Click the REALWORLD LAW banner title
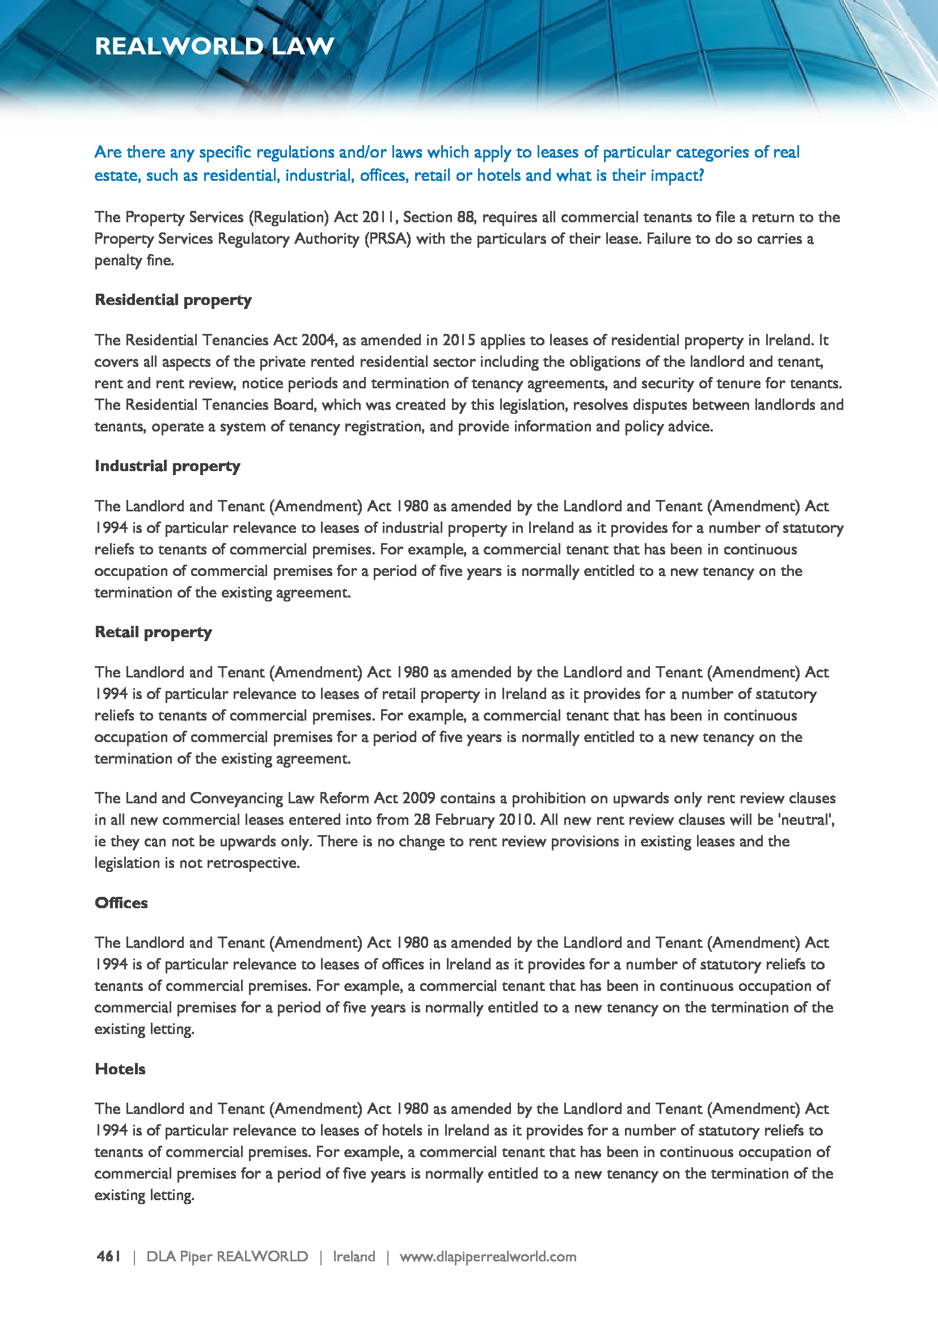point(214,46)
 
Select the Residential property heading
point(174,300)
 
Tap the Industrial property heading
point(167,466)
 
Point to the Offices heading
point(121,903)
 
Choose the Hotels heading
point(120,1069)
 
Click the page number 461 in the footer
point(108,1257)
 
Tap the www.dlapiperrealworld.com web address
point(488,1257)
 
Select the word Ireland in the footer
point(354,1257)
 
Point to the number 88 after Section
point(466,217)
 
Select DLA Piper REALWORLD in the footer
point(227,1257)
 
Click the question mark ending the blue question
point(701,175)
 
